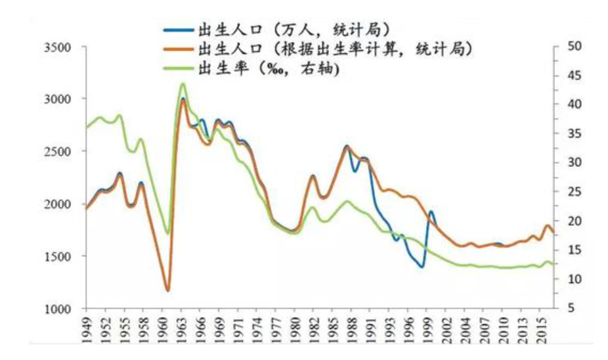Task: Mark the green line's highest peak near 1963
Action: pyautogui.click(x=183, y=83)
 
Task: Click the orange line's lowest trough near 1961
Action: pyautogui.click(x=168, y=290)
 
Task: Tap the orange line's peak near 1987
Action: pyautogui.click(x=347, y=147)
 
